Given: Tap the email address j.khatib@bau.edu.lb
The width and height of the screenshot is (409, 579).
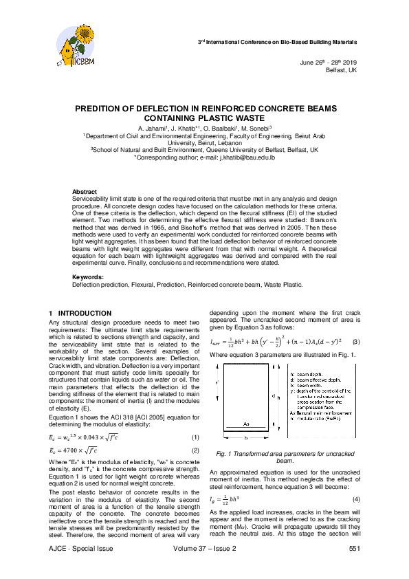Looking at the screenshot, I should (x=246, y=157).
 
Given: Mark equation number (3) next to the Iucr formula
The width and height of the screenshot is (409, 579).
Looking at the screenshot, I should (x=355, y=342).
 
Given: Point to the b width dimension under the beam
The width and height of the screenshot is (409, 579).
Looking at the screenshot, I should (x=245, y=437).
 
